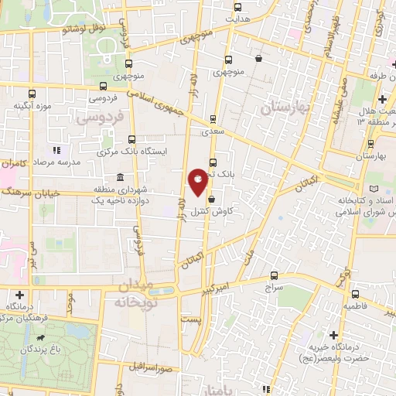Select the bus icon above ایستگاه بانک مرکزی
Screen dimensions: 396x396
coord(132,141)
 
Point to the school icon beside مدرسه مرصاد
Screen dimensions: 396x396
coord(56,150)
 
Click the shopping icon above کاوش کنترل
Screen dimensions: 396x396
coord(211,198)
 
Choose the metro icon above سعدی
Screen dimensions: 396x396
coord(213,120)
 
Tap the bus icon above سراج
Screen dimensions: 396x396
coord(274,275)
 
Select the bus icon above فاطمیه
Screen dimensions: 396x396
coord(355,293)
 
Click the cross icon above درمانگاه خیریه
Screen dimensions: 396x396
coord(333,336)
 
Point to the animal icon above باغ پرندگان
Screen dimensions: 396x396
coord(36,339)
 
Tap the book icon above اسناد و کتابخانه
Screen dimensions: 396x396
coord(374,189)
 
